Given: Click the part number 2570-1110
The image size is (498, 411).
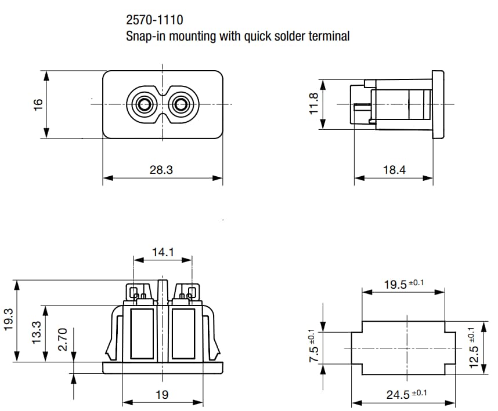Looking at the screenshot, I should pyautogui.click(x=154, y=20).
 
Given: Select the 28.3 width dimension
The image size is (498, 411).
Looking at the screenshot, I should pyautogui.click(x=162, y=169).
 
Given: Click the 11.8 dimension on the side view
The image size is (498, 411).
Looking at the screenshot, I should pyautogui.click(x=314, y=103).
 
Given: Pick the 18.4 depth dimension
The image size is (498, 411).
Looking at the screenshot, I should pyautogui.click(x=394, y=169).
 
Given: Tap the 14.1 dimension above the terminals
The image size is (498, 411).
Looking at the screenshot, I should pyautogui.click(x=163, y=252).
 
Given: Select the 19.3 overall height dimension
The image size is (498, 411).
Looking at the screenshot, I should pyautogui.click(x=9, y=319).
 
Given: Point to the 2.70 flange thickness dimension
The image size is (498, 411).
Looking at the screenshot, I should pyautogui.click(x=64, y=339).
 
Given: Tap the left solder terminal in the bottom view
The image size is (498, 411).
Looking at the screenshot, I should pyautogui.click(x=139, y=293).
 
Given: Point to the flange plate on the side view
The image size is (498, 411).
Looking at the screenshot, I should pyautogui.click(x=438, y=104).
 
